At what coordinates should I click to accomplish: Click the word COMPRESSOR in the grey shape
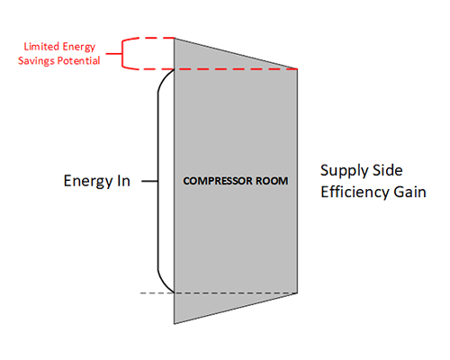click(x=214, y=181)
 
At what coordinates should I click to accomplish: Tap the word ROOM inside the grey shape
click(x=268, y=181)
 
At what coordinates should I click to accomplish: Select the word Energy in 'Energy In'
click(x=88, y=182)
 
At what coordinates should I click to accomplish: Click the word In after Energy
click(x=123, y=181)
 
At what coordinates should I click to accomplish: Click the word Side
click(x=387, y=170)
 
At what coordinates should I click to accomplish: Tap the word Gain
click(x=409, y=192)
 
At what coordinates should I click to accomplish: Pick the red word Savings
click(x=36, y=61)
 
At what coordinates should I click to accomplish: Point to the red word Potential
click(x=78, y=60)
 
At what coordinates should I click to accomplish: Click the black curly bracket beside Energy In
click(x=157, y=181)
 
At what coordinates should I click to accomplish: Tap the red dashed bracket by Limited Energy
click(x=122, y=54)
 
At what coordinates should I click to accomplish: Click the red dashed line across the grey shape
click(x=236, y=69)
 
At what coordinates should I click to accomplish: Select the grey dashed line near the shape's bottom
click(x=219, y=292)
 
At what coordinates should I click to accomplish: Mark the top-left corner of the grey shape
click(x=175, y=38)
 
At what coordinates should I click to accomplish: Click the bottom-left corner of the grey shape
click(x=175, y=324)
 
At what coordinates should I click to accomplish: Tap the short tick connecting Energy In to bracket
click(x=149, y=181)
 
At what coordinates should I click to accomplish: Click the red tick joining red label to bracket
click(x=113, y=54)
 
